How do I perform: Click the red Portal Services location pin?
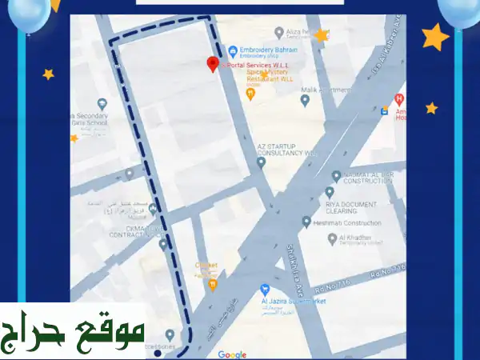[x=213, y=64]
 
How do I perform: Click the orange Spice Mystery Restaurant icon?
[x=250, y=94]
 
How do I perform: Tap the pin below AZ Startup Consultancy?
[x=261, y=162]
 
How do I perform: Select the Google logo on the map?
[x=232, y=354]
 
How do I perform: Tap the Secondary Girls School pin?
[x=102, y=104]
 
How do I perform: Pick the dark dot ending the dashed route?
[x=158, y=354]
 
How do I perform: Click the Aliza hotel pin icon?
[x=279, y=33]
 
